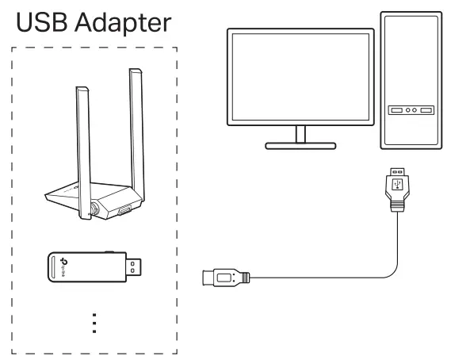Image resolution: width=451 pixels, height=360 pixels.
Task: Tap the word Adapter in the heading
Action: [x=123, y=23]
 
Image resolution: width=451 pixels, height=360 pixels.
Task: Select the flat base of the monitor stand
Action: [x=300, y=146]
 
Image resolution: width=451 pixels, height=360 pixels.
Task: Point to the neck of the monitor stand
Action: [x=300, y=133]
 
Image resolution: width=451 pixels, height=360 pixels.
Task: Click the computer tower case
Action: [x=409, y=79]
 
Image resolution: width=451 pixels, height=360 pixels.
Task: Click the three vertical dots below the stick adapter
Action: [x=94, y=324]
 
